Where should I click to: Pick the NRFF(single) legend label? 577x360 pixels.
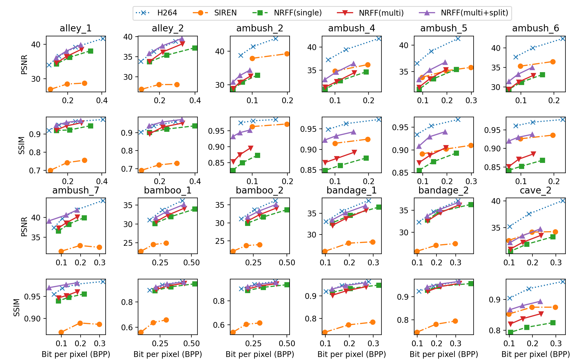click(x=287, y=13)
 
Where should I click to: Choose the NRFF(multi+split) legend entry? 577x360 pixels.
click(x=464, y=13)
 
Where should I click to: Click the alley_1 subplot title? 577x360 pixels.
click(x=76, y=28)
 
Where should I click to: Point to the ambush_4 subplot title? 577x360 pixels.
click(x=351, y=28)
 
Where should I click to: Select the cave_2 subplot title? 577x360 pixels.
click(x=535, y=190)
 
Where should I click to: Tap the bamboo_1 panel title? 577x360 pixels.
click(x=167, y=190)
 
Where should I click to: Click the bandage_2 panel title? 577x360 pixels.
click(x=443, y=190)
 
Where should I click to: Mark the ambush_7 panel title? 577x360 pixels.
click(x=76, y=190)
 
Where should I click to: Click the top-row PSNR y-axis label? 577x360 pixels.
click(x=24, y=64)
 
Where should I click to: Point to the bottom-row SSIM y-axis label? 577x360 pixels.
click(x=17, y=307)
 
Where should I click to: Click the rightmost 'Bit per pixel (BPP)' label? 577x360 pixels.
click(x=535, y=354)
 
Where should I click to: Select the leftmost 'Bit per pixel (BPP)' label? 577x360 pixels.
click(x=76, y=354)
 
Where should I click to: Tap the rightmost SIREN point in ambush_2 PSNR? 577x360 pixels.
click(x=287, y=54)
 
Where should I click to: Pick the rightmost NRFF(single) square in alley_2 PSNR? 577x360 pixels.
click(x=195, y=48)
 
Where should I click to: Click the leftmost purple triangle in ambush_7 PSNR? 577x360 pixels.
click(x=49, y=221)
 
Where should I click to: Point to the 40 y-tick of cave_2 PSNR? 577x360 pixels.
click(x=496, y=201)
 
